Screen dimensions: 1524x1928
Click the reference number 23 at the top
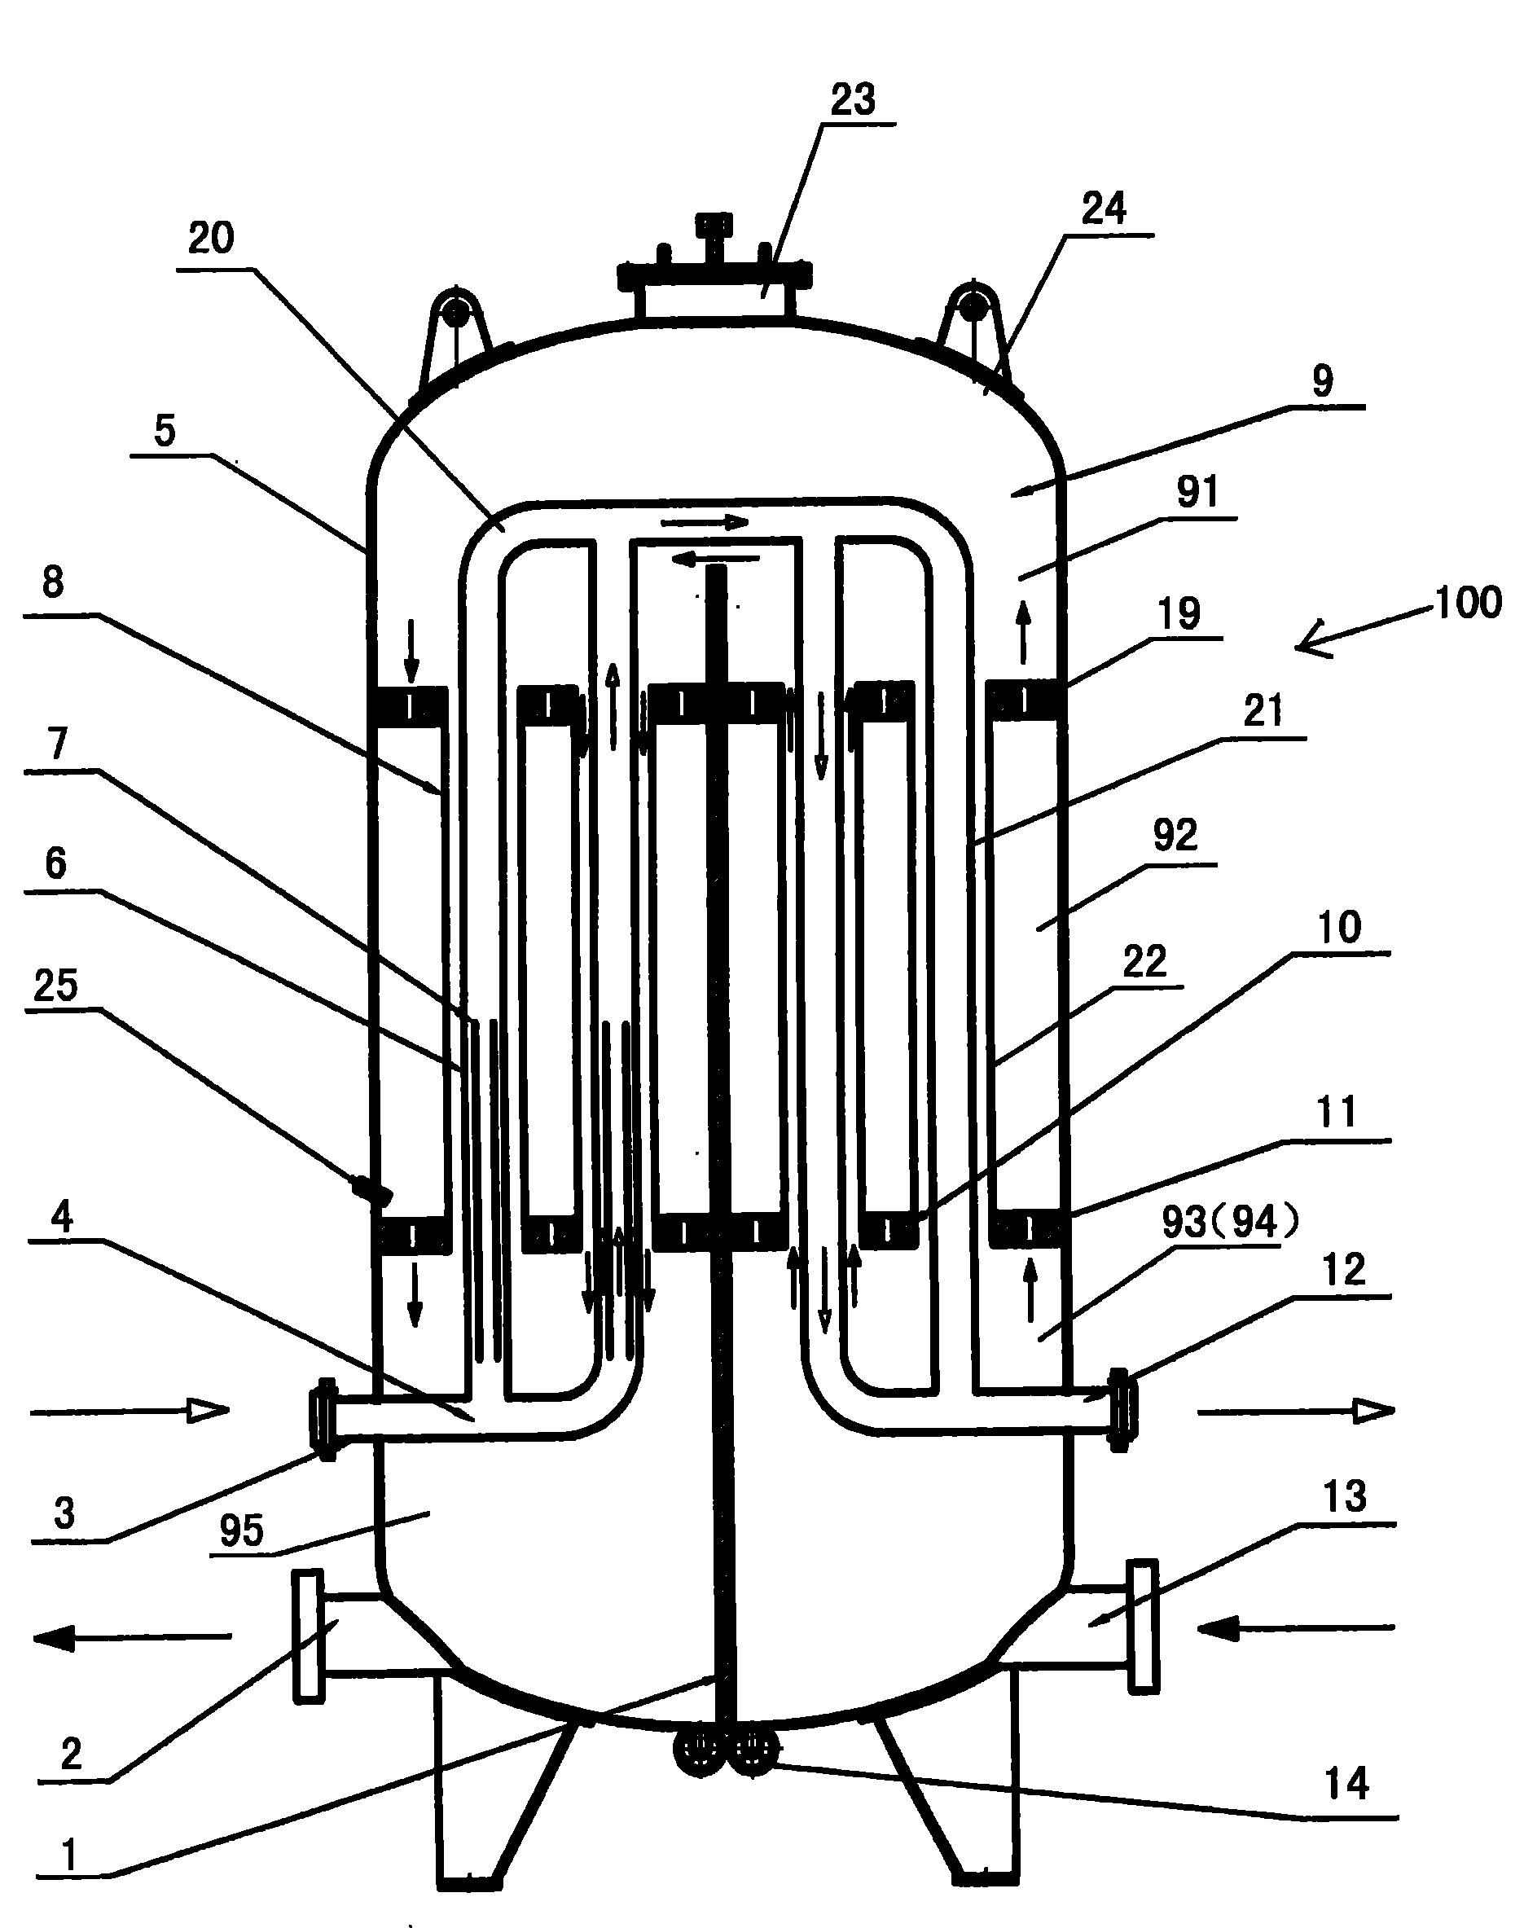852,100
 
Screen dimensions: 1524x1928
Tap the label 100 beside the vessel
1468,603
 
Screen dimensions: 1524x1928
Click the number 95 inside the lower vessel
242,1531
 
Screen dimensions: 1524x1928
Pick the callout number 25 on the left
55,986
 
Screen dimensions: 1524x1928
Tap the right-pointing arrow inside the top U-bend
704,522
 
